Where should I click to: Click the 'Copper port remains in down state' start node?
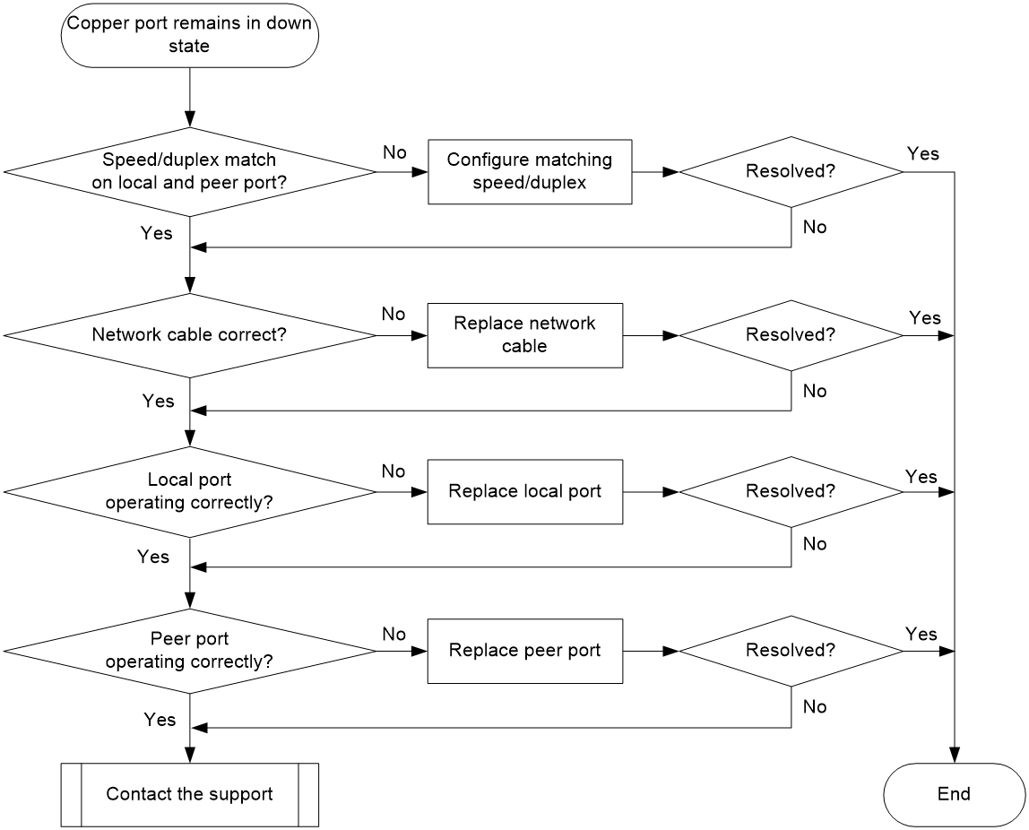[x=190, y=35]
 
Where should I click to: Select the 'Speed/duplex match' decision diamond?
[x=190, y=172]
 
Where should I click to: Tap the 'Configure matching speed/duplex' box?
[x=531, y=172]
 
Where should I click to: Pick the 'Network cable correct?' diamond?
[x=190, y=335]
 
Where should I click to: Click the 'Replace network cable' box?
[x=525, y=335]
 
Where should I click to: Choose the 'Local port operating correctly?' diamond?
[x=190, y=492]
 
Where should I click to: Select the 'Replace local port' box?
[x=525, y=492]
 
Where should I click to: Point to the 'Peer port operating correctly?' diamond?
[x=190, y=651]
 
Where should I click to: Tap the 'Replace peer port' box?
[x=525, y=651]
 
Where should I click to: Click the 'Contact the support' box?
[x=190, y=794]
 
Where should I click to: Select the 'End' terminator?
[x=955, y=794]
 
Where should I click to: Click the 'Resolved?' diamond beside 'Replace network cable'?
[x=791, y=335]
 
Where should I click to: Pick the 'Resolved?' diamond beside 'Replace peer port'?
[x=791, y=651]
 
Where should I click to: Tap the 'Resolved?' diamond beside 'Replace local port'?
[x=791, y=492]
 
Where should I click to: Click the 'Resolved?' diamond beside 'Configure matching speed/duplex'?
[x=791, y=172]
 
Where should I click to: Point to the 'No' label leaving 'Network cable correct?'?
[x=393, y=315]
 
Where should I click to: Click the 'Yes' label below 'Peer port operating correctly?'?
[x=160, y=720]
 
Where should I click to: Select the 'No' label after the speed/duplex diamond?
[x=395, y=152]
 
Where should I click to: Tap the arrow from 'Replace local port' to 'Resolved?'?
[x=651, y=492]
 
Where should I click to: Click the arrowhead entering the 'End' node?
[x=955, y=756]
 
